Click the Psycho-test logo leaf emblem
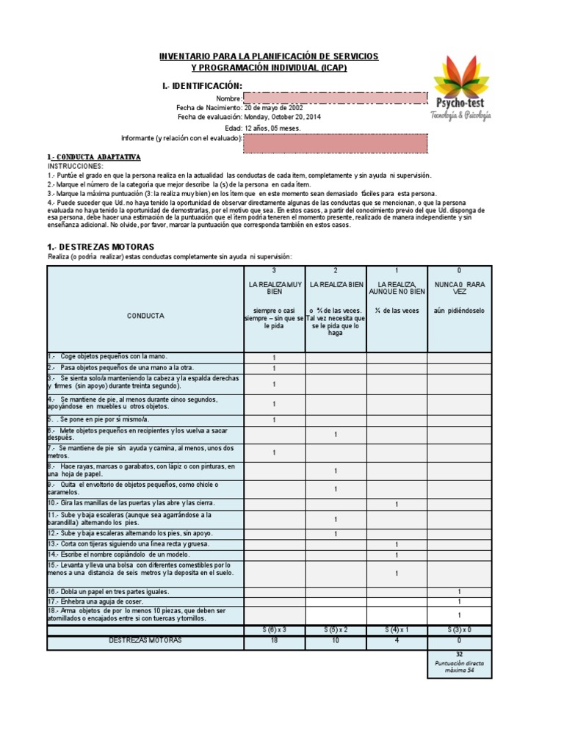pyautogui.click(x=460, y=76)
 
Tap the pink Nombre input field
pyautogui.click(x=335, y=98)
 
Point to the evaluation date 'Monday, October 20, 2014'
pyautogui.click(x=282, y=117)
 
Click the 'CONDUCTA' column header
pyautogui.click(x=145, y=315)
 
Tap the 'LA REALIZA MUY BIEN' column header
pyautogui.click(x=274, y=287)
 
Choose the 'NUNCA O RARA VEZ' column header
pyautogui.click(x=459, y=287)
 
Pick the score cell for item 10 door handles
pyautogui.click(x=397, y=504)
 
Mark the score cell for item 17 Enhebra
pyautogui.click(x=459, y=601)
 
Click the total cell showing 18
pyautogui.click(x=274, y=640)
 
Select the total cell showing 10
pyautogui.click(x=335, y=640)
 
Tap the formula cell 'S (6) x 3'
pyautogui.click(x=274, y=630)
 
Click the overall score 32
pyautogui.click(x=459, y=653)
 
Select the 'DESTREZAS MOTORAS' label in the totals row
pyautogui.click(x=145, y=640)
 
